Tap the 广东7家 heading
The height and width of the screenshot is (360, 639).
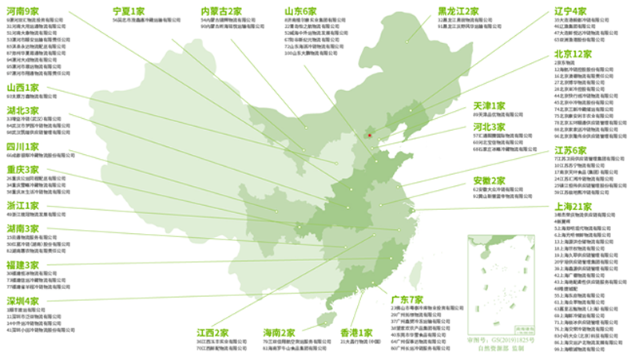(407, 298)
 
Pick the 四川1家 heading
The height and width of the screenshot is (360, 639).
(22, 147)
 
